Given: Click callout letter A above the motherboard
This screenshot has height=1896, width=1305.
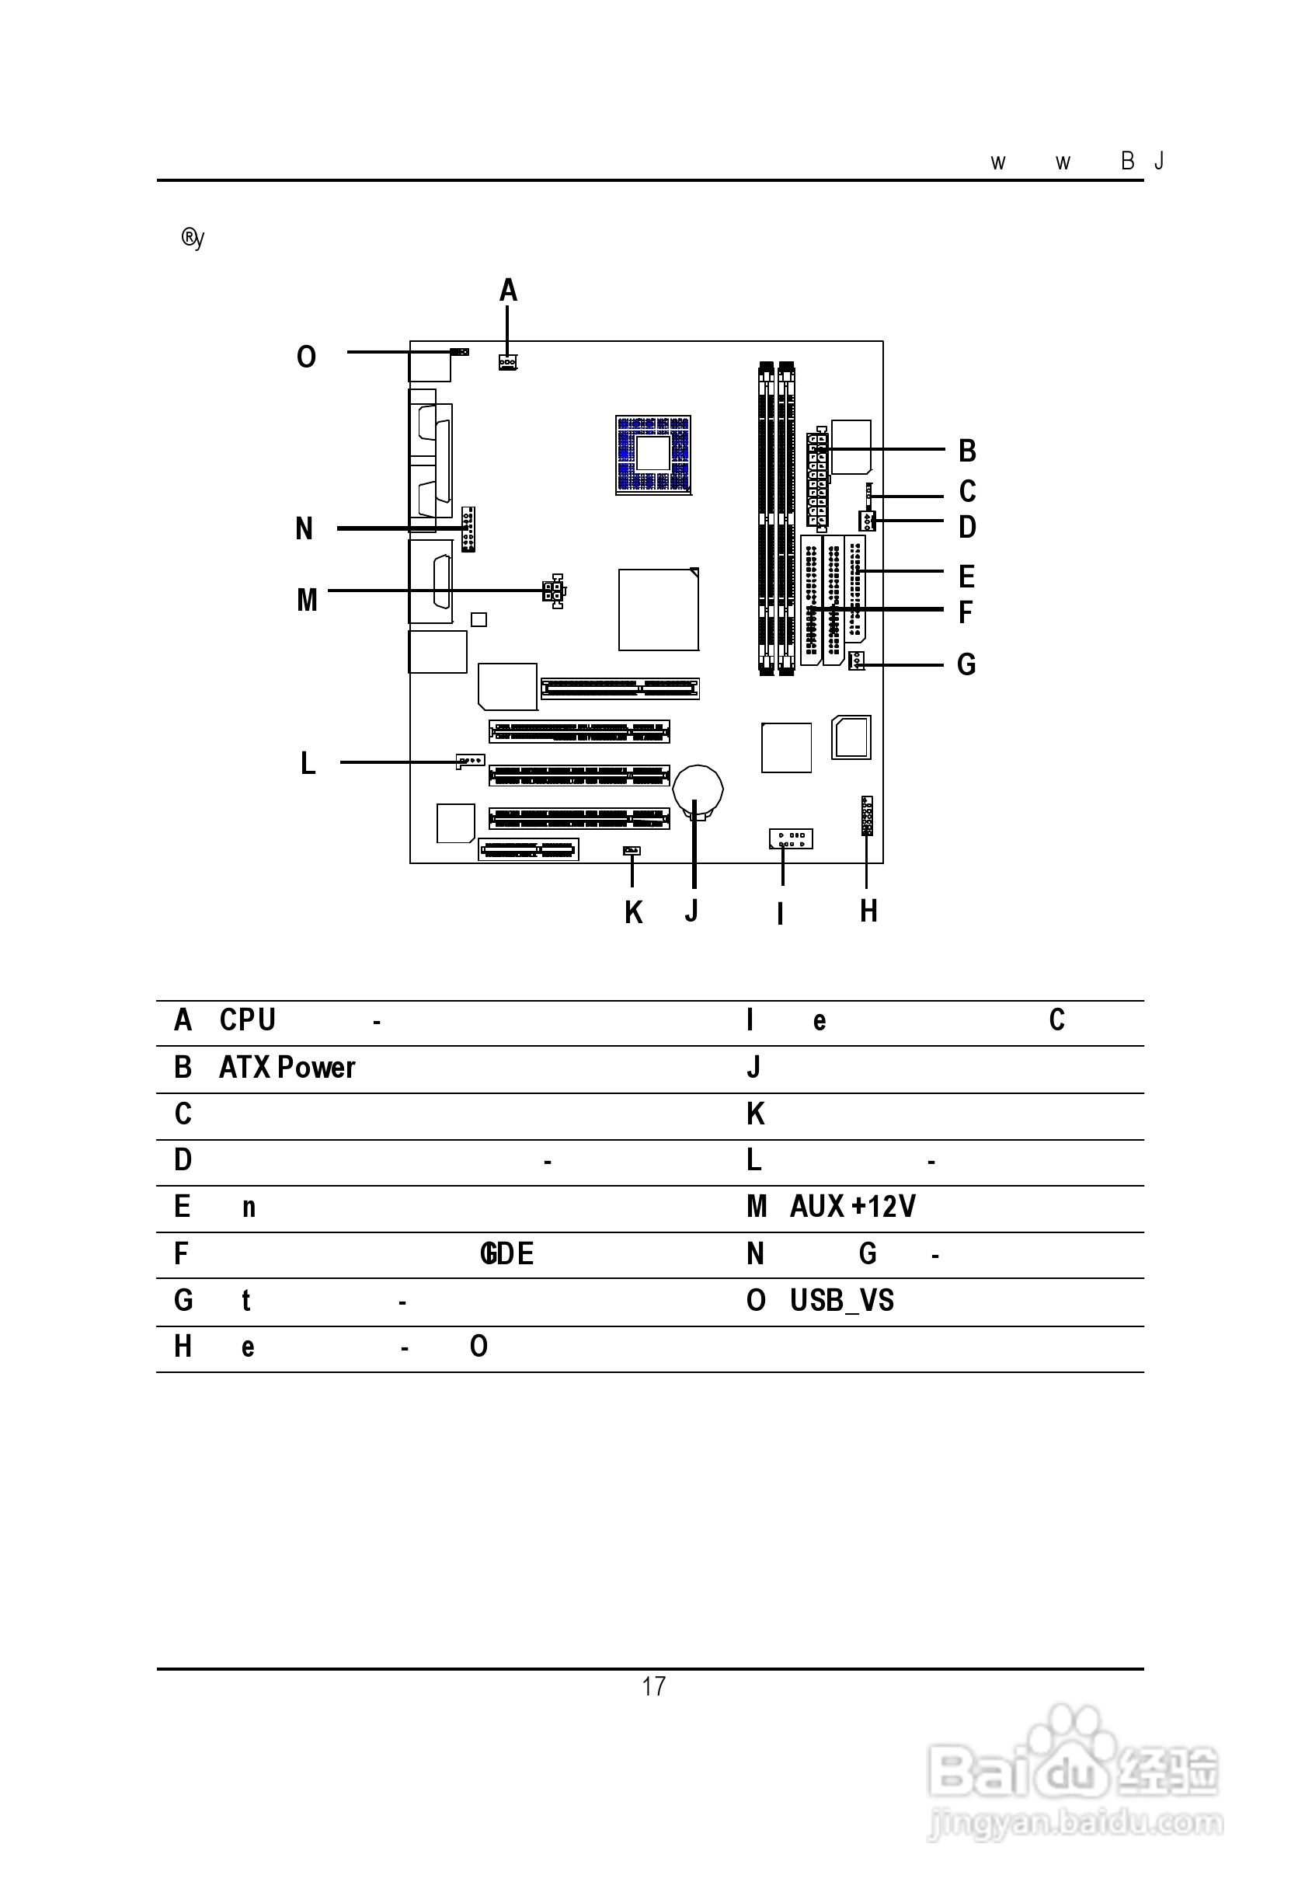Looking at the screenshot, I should click(x=508, y=291).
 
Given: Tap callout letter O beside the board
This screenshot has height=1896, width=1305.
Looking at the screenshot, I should click(x=306, y=357).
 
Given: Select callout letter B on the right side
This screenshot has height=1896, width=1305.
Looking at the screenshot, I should click(x=966, y=451).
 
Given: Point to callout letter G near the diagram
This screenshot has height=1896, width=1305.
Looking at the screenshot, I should click(x=966, y=664).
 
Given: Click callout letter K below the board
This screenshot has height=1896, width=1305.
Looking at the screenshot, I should click(x=633, y=913).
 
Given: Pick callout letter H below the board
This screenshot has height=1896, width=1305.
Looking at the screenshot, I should click(x=868, y=911).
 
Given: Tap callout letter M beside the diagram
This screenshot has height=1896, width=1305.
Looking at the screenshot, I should click(x=307, y=601).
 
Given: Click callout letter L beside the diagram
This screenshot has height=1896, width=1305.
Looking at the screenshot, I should click(x=308, y=763).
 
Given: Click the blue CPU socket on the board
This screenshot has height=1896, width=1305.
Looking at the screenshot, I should click(x=652, y=454).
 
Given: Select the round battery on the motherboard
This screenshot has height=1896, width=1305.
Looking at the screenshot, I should click(x=698, y=790).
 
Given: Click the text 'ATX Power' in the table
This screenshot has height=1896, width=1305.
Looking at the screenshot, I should click(x=287, y=1068).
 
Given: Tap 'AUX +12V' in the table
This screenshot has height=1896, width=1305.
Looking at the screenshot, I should click(x=852, y=1207).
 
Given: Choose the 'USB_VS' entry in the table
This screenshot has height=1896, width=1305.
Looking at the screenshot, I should click(x=841, y=1301).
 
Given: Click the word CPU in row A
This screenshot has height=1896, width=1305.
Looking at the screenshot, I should click(x=247, y=1020).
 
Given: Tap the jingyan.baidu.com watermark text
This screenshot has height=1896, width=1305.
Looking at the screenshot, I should click(x=1075, y=1822).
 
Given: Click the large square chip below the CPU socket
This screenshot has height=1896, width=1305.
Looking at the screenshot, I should click(x=658, y=609).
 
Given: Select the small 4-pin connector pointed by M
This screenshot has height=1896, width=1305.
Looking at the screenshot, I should click(x=554, y=591).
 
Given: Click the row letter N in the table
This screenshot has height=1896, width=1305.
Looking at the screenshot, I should click(x=755, y=1254).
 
